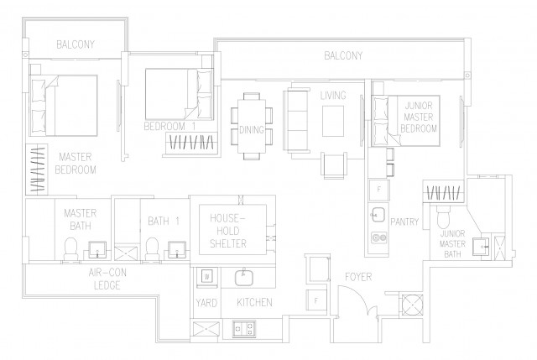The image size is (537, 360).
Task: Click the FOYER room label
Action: [x=358, y=277]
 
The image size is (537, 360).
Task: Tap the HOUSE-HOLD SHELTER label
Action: [x=228, y=231]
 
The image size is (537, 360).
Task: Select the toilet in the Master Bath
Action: [x=71, y=249]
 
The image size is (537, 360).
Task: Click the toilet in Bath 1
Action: [x=151, y=249]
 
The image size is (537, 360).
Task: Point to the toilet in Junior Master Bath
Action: [x=444, y=217]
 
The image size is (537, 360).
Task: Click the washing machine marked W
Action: [x=206, y=276]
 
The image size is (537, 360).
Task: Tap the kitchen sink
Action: [x=244, y=278]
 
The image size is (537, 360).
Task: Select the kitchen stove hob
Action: [x=244, y=328]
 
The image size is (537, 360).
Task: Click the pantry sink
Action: [x=378, y=215]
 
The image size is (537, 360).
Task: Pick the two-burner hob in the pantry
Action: [x=378, y=237]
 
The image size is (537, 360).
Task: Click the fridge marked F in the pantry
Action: [x=378, y=190]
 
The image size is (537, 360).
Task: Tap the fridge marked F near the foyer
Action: [x=316, y=300]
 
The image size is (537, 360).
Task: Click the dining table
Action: [x=252, y=126]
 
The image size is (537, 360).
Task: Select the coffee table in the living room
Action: [x=333, y=121]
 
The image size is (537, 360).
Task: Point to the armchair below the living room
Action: [x=334, y=166]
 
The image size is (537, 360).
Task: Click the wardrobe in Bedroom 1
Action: [x=192, y=142]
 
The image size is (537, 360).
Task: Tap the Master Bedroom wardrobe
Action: [x=37, y=170]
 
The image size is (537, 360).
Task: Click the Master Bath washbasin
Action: [x=97, y=249]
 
